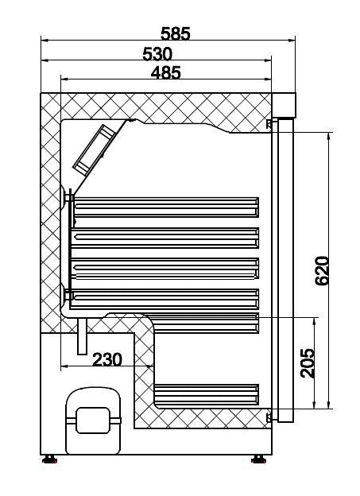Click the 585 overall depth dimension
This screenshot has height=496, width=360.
click(x=175, y=33)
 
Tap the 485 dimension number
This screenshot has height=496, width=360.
click(x=165, y=72)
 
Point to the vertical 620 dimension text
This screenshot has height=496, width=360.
click(x=321, y=271)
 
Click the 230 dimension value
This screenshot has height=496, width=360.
click(x=106, y=359)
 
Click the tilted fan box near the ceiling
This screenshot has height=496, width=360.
click(x=94, y=149)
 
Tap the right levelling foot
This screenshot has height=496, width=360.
click(x=259, y=459)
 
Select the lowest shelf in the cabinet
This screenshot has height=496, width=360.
click(x=207, y=394)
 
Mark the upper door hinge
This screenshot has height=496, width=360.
click(x=270, y=124)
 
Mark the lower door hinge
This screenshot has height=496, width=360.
click(x=270, y=417)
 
